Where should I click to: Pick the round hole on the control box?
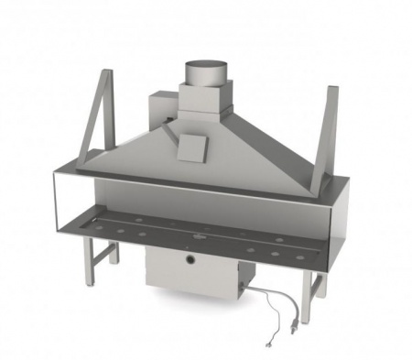click(190, 261)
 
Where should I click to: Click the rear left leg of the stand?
click(114, 250)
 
